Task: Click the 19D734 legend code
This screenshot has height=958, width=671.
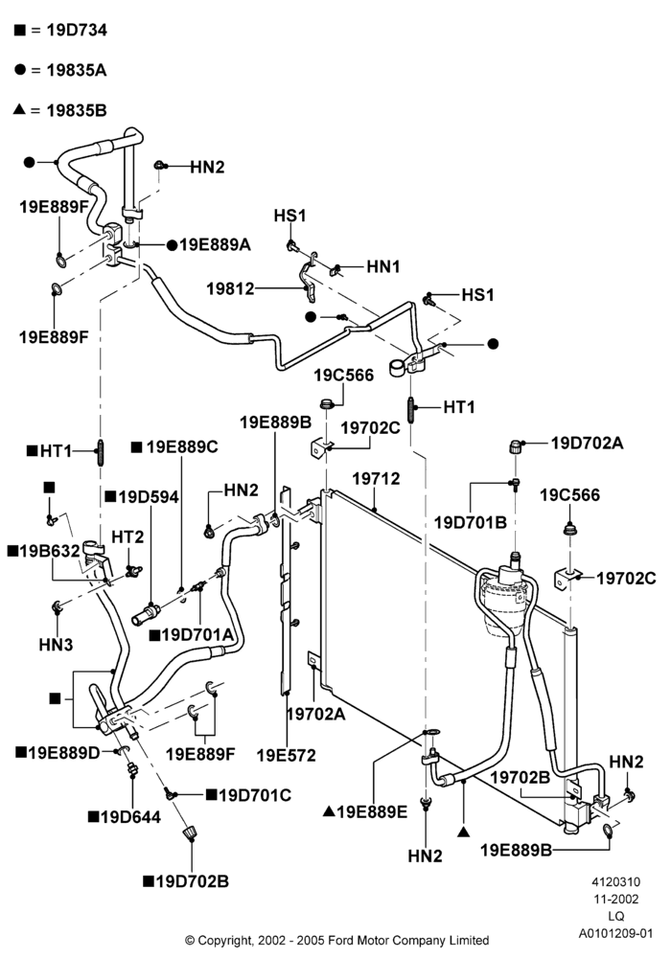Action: pos(77,30)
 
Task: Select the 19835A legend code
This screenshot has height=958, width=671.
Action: pos(77,70)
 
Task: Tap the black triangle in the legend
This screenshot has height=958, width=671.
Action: pos(19,109)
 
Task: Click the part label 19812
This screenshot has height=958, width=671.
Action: pos(230,288)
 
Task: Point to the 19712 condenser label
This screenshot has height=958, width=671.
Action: pos(376,478)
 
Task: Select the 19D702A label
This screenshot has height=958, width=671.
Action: pos(588,443)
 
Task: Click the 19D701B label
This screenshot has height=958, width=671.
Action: pos(471,522)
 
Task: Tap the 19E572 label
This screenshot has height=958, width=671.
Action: pos(286,755)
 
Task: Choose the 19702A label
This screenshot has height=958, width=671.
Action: pos(316,713)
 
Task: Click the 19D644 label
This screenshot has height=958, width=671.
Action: pos(130,817)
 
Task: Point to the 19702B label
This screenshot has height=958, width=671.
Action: pos(521,777)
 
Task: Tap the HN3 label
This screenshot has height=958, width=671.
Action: pos(56,645)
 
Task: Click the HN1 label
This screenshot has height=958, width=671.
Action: pos(383,267)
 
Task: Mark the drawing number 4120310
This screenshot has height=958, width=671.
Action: pos(615,881)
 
